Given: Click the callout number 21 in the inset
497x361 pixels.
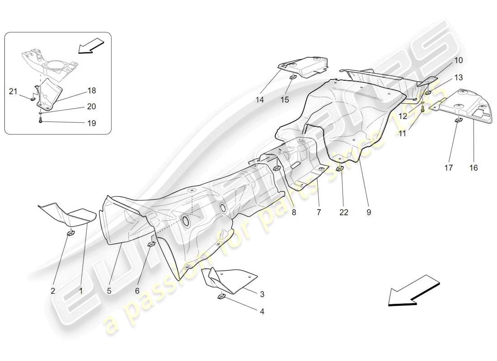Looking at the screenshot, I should point(13,92).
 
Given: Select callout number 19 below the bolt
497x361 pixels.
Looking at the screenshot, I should point(91,123).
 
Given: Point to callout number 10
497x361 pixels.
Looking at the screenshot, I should point(445,60).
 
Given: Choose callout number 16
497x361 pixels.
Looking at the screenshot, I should point(473,168).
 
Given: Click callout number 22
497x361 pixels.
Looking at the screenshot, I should point(344,213).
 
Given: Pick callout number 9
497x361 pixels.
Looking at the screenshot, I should point(369,213).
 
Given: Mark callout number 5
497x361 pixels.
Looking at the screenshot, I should point(109,291).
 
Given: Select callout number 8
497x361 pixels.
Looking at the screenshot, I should point(294,213).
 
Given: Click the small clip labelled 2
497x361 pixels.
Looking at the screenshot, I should point(71,233).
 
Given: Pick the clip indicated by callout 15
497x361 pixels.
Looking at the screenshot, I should point(292,76).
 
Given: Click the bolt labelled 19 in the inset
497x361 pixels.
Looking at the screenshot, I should point(41,121).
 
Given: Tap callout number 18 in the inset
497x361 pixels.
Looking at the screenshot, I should point(91,91).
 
